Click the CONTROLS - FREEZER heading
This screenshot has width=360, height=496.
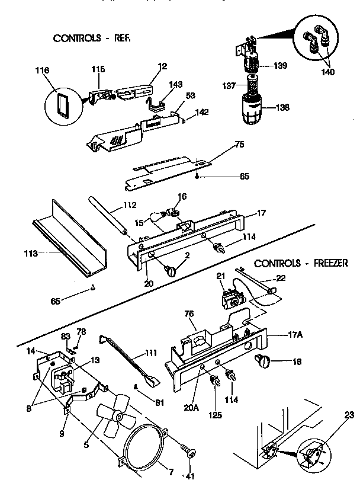(300, 263)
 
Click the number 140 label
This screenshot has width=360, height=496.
(327, 72)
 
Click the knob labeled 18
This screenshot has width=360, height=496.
(262, 361)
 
